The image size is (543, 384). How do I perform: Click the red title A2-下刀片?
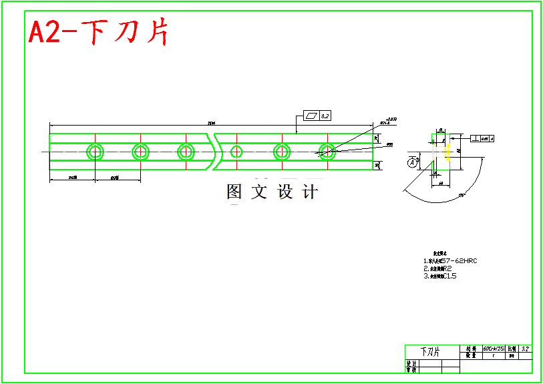(x=98, y=31)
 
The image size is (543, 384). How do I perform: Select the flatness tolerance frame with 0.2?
(x=317, y=116)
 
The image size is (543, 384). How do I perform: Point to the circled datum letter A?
(x=413, y=162)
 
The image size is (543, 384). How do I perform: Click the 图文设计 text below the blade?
(x=272, y=192)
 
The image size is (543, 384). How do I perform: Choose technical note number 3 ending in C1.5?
(x=440, y=275)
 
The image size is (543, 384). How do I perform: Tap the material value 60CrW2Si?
(x=494, y=349)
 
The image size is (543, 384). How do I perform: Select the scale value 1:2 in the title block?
(x=526, y=349)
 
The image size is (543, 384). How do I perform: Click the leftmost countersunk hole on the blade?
(x=95, y=152)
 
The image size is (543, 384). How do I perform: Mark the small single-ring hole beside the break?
(x=236, y=152)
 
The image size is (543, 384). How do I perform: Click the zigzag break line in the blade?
(x=216, y=152)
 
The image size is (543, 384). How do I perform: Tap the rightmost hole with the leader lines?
(x=327, y=152)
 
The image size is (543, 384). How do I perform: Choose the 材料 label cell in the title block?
(x=471, y=349)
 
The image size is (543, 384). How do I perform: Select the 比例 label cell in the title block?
(x=512, y=349)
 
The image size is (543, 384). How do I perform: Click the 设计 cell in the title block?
(x=411, y=363)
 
